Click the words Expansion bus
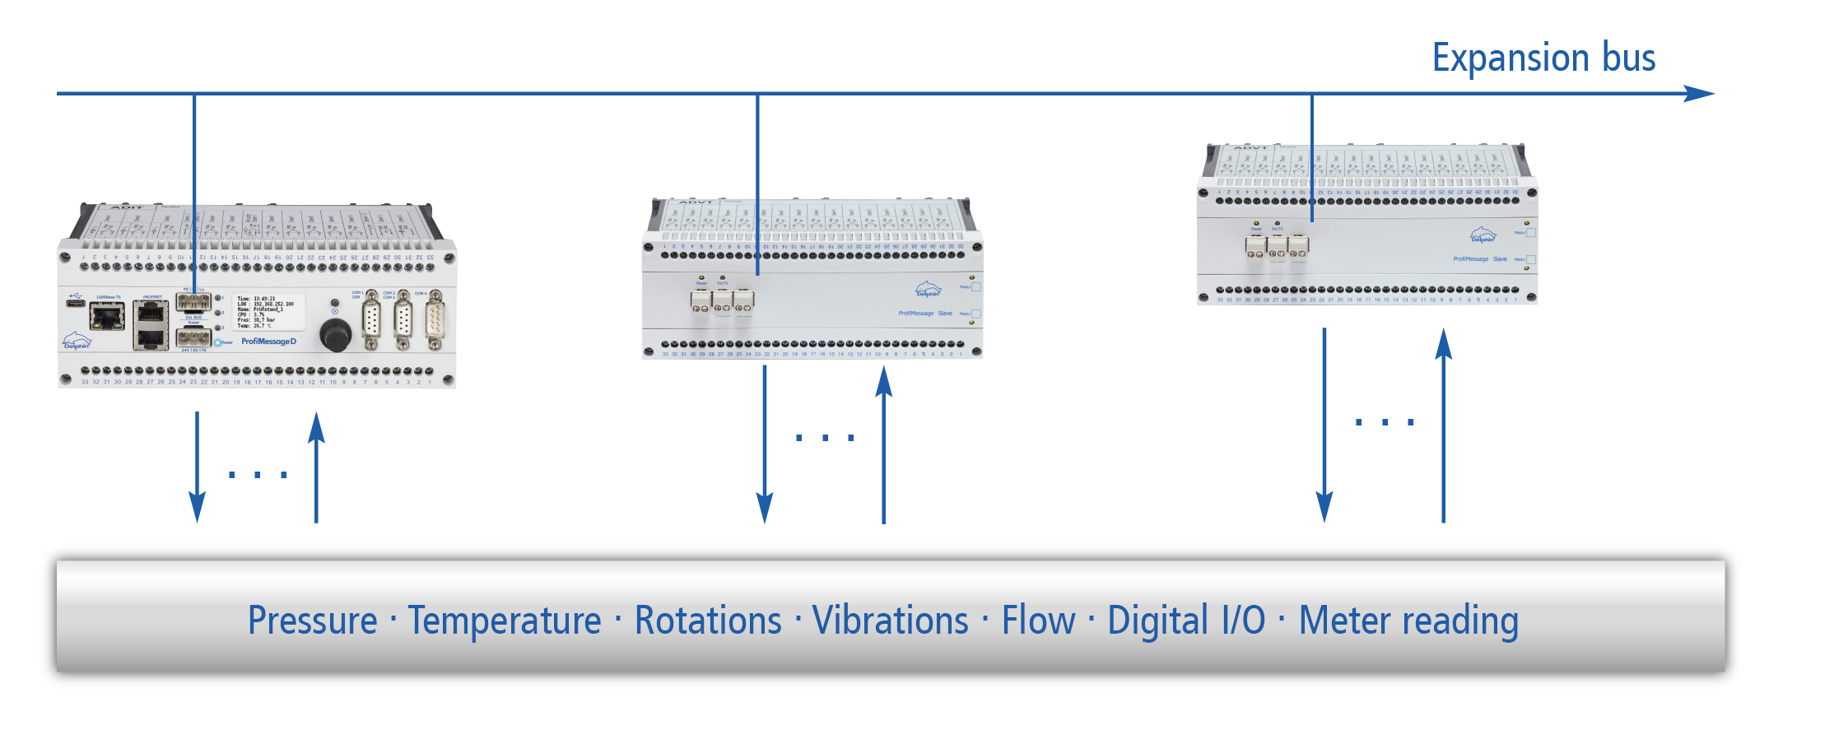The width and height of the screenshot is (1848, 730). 1543,58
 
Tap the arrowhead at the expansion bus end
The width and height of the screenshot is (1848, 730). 1699,94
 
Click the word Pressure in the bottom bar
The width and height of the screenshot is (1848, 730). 312,621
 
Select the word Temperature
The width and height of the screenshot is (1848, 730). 505,621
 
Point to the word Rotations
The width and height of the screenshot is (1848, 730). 707,621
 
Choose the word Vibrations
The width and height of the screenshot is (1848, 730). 890,621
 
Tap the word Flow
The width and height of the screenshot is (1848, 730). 1038,621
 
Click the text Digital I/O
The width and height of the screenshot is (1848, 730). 1185,621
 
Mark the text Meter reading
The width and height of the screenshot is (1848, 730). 1408,621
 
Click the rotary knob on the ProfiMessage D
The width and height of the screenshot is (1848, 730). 335,334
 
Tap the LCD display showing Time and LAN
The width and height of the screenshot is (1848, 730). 268,312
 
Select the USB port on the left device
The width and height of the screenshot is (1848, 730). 76,304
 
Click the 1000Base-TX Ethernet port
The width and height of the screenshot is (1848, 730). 107,316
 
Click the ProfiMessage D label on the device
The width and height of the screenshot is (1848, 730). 268,342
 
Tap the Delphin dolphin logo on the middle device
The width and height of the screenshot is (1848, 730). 928,290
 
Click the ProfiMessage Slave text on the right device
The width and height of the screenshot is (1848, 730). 1479,259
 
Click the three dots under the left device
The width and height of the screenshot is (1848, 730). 257,475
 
